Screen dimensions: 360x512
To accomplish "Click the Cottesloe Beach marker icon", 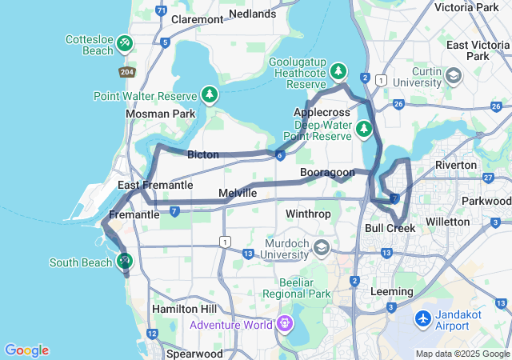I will pyautogui.click(x=124, y=42).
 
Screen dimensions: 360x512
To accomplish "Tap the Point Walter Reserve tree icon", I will pyautogui.click(x=210, y=96).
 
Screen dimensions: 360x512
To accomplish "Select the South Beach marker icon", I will pyautogui.click(x=124, y=261).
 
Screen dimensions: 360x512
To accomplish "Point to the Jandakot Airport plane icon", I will pyautogui.click(x=424, y=318).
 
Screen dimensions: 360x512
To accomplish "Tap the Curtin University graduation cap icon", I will pyautogui.click(x=454, y=76).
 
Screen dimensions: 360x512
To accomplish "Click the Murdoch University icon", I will pyautogui.click(x=322, y=246).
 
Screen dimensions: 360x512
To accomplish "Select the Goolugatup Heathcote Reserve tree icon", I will pyautogui.click(x=338, y=70).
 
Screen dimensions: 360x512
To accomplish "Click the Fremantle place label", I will pyautogui.click(x=134, y=214).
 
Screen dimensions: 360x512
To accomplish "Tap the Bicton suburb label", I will pyautogui.click(x=202, y=154).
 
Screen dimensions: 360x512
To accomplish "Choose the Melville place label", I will pyautogui.click(x=238, y=193).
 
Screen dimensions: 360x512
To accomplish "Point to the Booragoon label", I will pyautogui.click(x=326, y=172).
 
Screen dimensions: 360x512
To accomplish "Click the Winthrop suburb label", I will pyautogui.click(x=308, y=214).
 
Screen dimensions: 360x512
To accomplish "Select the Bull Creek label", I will pyautogui.click(x=390, y=228).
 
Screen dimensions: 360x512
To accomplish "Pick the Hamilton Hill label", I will pyautogui.click(x=185, y=309).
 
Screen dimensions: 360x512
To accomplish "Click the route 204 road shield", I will pyautogui.click(x=127, y=72).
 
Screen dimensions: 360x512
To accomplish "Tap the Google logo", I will pyautogui.click(x=26, y=350).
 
